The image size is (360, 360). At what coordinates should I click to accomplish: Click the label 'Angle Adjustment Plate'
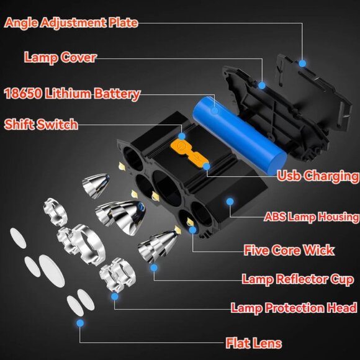pos(71,23)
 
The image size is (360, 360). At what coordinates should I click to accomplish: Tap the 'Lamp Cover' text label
pos(60,58)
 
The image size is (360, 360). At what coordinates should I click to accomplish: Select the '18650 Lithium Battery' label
pos(71,94)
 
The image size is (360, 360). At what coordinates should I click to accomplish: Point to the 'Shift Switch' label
pos(41,124)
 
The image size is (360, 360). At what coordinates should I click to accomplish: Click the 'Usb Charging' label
pos(318,176)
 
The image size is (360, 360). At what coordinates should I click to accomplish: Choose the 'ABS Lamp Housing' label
pos(311,217)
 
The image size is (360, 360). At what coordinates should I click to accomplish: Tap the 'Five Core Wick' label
pos(289,250)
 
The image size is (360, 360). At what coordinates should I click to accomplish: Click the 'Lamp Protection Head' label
pos(294,308)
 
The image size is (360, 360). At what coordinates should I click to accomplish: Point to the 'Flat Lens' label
pos(253,343)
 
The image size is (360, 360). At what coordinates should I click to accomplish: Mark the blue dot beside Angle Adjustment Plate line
pos(302,63)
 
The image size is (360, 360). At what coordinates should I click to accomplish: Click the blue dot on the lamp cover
pos(262,84)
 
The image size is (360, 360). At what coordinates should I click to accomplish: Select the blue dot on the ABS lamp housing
pos(230,202)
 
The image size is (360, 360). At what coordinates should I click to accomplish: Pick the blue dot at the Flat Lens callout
pos(80,323)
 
